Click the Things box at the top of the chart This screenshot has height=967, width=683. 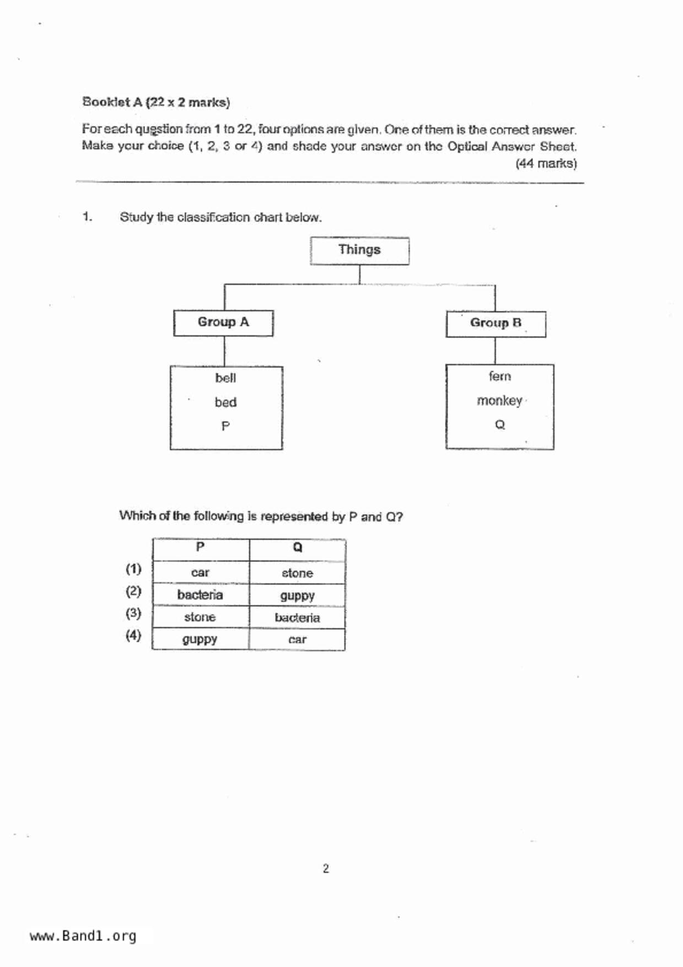(x=359, y=250)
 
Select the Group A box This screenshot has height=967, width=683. (x=223, y=323)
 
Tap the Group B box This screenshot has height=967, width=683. (x=496, y=324)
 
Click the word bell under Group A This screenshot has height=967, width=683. (x=225, y=378)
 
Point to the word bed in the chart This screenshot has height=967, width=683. (x=225, y=402)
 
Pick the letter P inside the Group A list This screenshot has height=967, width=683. (x=225, y=426)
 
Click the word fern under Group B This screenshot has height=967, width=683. (x=499, y=377)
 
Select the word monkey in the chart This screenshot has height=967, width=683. (x=499, y=401)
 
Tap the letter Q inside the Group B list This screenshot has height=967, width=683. (x=499, y=425)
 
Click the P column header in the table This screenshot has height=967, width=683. (x=200, y=547)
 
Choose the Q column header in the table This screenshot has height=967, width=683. (x=297, y=547)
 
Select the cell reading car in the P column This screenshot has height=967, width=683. (x=200, y=573)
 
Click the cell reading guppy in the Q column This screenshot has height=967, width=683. (x=297, y=596)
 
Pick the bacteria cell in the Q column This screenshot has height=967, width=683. (x=297, y=618)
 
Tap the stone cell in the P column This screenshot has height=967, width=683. (x=200, y=617)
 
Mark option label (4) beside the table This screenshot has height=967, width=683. (x=133, y=635)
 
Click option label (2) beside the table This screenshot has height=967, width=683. (x=133, y=592)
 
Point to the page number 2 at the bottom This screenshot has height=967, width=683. (x=326, y=869)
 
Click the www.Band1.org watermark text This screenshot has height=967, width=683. (x=83, y=936)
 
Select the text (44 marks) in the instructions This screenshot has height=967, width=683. (x=546, y=164)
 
